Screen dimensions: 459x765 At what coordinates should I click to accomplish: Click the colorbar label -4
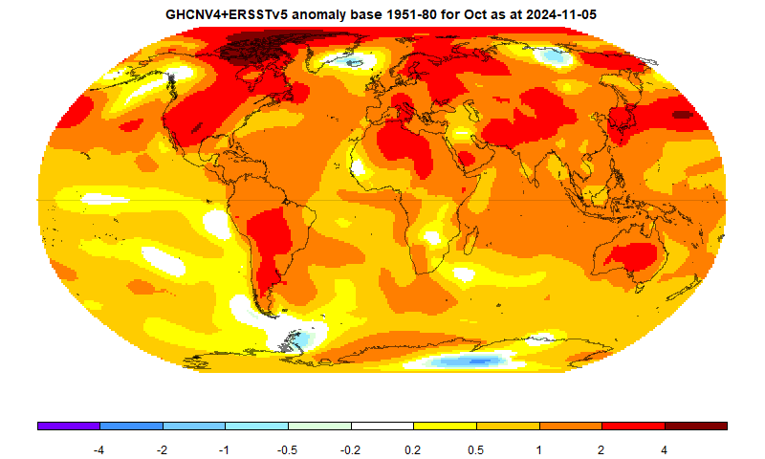point(99,448)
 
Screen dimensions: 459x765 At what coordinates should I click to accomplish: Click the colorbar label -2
point(163,448)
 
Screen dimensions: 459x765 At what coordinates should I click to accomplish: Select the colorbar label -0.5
point(288,448)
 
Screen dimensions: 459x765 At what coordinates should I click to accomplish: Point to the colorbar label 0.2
point(413,448)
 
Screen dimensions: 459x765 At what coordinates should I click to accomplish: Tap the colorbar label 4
point(664,448)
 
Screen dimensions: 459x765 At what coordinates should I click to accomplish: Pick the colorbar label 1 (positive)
point(538,448)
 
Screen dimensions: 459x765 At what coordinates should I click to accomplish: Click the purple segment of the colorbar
point(68,426)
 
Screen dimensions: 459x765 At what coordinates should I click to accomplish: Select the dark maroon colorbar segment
point(695,426)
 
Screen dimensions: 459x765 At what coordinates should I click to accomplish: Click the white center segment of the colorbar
point(382,426)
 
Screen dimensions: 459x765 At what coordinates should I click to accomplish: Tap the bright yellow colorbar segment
point(445,426)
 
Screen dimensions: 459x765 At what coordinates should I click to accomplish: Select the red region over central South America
point(273,239)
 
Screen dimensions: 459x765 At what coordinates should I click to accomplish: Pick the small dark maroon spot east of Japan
point(681,114)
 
